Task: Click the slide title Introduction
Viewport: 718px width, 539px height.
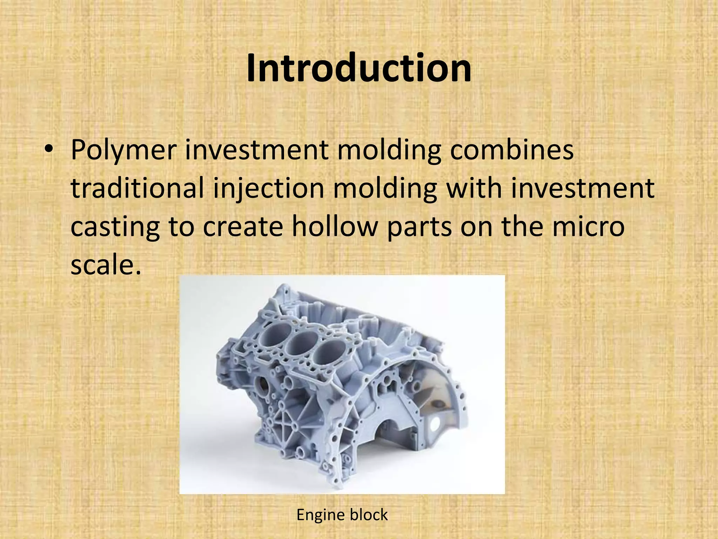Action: click(x=359, y=68)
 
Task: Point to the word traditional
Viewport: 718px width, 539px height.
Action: click(x=137, y=188)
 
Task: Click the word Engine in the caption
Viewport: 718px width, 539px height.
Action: click(x=320, y=515)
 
